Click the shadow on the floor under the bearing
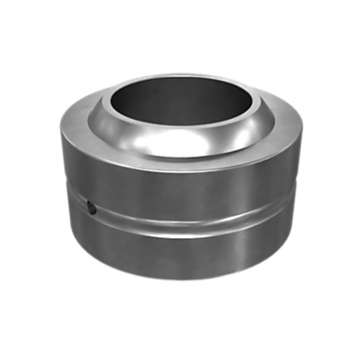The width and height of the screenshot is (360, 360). [x=180, y=283]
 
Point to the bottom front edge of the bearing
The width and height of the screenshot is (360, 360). [x=180, y=276]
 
